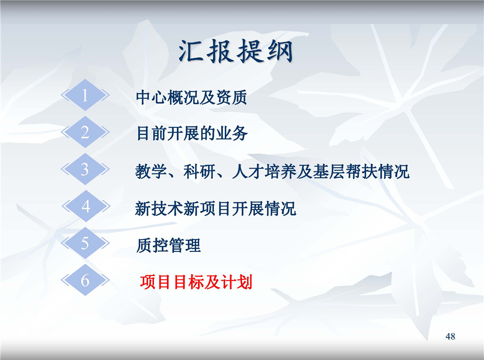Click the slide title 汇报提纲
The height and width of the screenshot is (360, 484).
(236, 51)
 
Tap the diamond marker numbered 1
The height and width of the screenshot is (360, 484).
(85, 95)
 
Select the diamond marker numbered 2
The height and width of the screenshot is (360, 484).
(85, 132)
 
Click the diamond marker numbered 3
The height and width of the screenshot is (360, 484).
(85, 169)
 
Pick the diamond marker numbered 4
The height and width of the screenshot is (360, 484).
(86, 206)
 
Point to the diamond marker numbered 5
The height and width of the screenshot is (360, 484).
(85, 243)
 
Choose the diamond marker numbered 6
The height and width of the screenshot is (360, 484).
(85, 280)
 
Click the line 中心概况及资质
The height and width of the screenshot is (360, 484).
(192, 98)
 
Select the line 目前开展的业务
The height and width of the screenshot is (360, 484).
(192, 134)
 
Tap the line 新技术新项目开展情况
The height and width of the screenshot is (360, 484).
(215, 208)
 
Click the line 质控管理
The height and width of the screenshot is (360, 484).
(168, 246)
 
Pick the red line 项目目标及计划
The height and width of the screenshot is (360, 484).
(196, 282)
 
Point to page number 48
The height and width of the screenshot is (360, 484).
(450, 336)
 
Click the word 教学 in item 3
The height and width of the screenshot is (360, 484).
(151, 172)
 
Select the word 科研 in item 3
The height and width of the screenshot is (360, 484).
(200, 172)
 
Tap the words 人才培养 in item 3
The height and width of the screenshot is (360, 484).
(264, 172)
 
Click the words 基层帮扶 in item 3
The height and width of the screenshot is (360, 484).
(345, 172)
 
